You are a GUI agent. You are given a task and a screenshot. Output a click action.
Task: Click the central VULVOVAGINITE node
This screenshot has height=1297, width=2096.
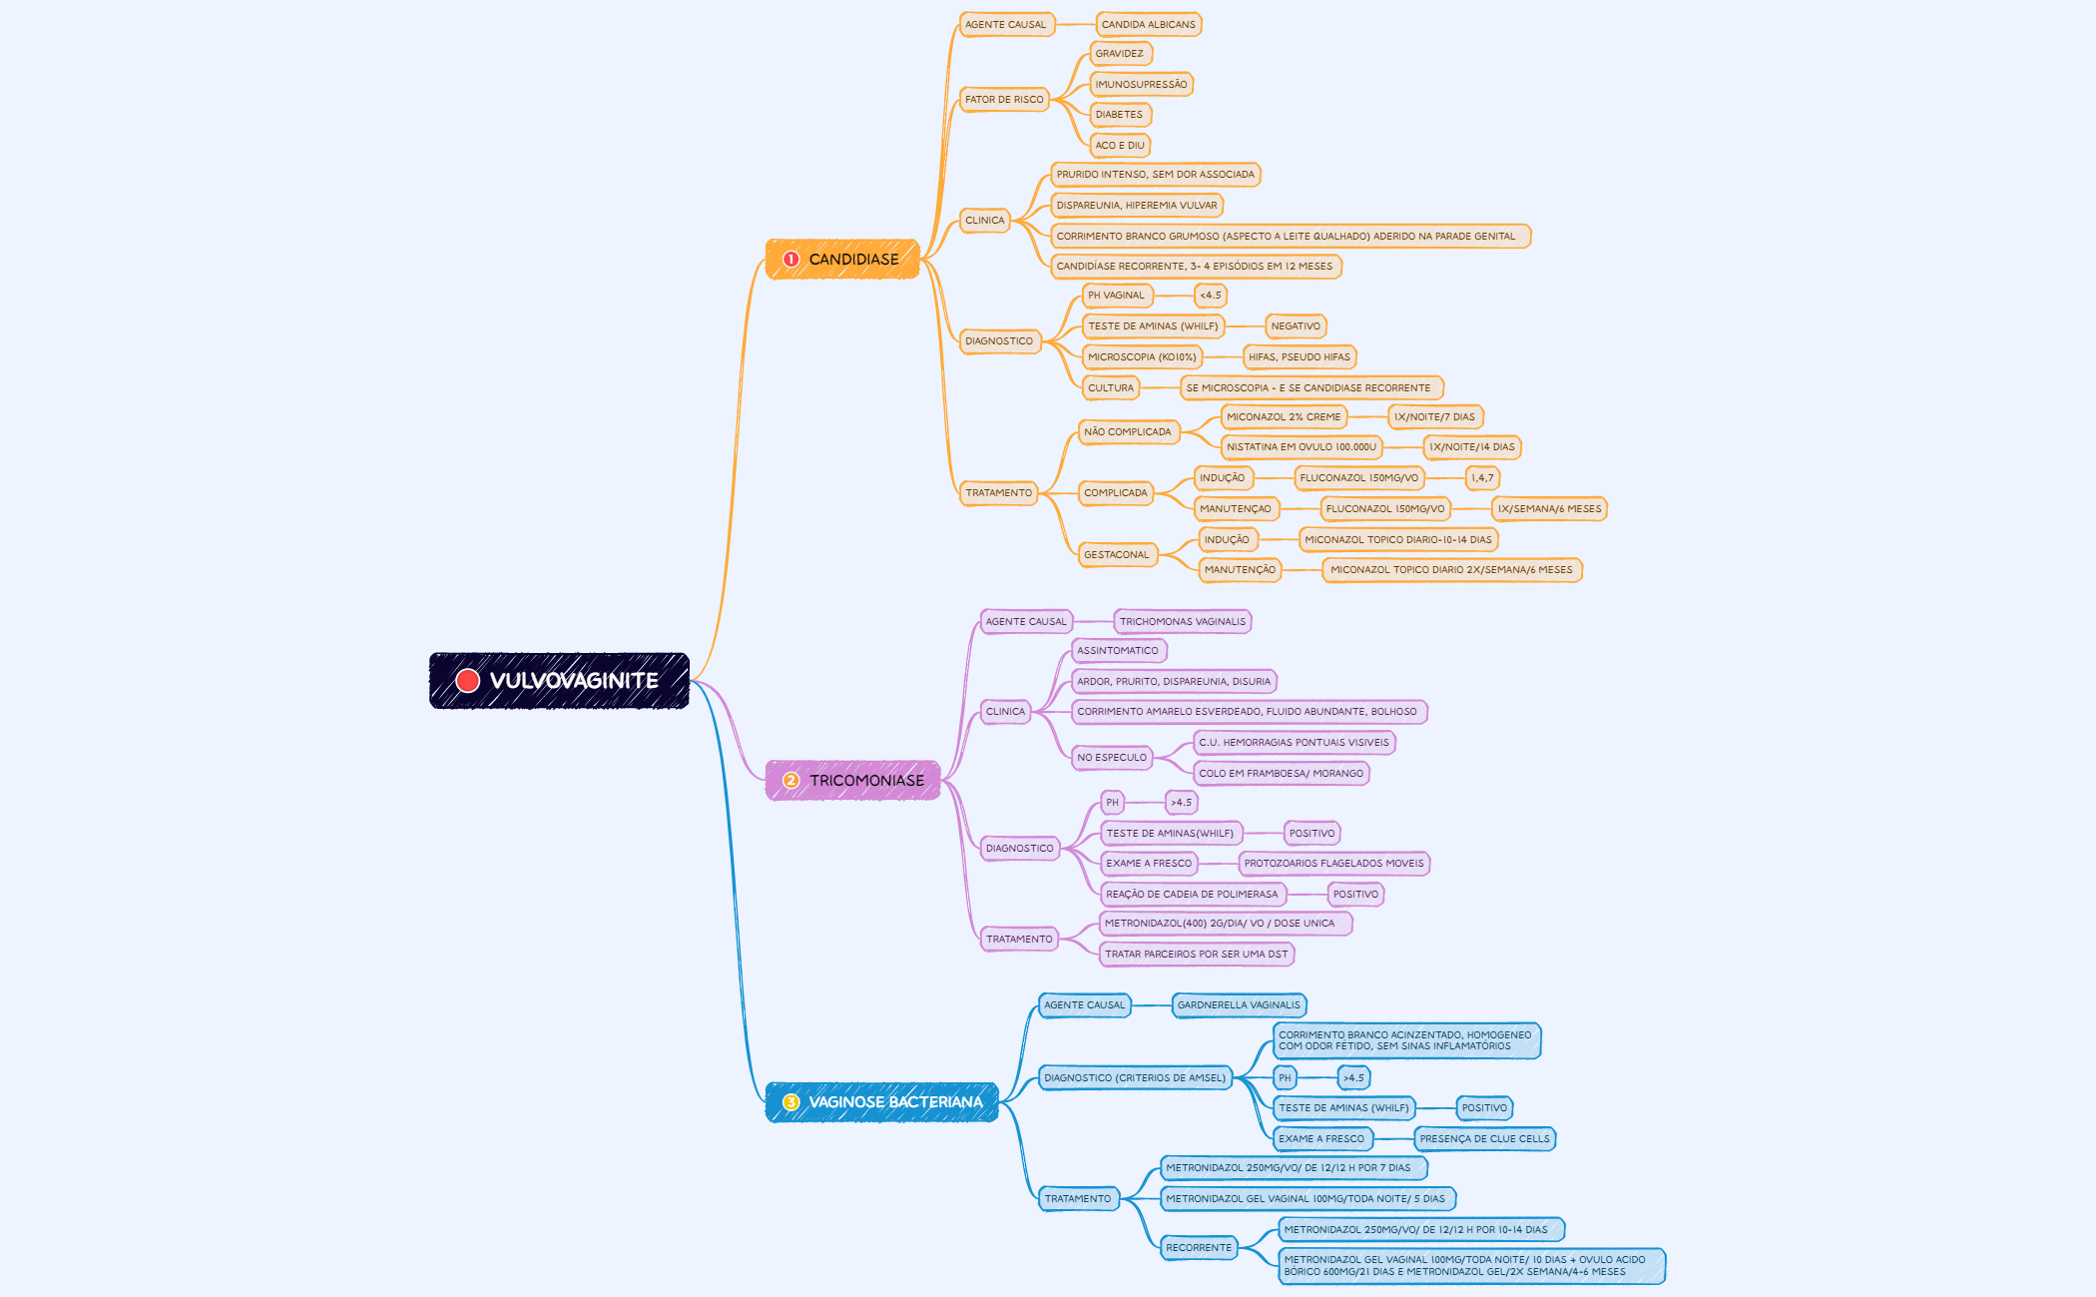559,681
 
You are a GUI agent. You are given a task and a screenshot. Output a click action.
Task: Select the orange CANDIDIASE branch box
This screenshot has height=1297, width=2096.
842,260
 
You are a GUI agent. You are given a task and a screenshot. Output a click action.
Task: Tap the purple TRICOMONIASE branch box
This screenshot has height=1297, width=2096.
853,781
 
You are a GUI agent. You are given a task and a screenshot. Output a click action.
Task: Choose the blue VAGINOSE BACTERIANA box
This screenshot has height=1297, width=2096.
882,1102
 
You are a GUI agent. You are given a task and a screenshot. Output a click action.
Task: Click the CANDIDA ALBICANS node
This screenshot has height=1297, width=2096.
1149,25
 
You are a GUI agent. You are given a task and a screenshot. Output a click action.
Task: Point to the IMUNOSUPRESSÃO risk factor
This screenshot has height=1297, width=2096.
1142,85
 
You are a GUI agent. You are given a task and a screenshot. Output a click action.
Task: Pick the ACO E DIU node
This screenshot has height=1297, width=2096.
1120,146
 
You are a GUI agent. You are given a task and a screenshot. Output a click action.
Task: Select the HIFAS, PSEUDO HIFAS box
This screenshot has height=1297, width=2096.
1300,357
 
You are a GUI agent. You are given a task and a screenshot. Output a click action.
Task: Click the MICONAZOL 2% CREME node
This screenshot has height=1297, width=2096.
1284,417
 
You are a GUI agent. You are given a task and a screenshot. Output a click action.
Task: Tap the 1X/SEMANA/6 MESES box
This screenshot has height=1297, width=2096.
1549,509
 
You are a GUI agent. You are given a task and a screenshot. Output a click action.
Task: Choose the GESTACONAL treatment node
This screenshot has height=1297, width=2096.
1117,555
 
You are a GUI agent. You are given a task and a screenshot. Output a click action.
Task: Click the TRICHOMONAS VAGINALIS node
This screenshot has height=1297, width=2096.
1183,622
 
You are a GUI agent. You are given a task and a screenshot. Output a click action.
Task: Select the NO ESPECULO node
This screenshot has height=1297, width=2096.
1112,758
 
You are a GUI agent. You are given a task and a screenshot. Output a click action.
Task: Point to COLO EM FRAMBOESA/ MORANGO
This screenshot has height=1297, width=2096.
1282,774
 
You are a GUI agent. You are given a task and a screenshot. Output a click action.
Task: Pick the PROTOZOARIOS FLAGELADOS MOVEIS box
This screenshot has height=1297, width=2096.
1334,864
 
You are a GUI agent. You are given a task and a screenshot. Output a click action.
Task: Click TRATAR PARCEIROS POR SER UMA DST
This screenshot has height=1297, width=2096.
1197,955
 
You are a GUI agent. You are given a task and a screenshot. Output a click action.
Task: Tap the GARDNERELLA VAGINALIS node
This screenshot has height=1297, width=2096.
1239,1005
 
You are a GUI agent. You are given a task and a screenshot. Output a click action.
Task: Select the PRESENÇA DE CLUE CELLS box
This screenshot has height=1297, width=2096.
1485,1139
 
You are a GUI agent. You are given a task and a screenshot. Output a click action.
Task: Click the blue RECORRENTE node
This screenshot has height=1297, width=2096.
1199,1248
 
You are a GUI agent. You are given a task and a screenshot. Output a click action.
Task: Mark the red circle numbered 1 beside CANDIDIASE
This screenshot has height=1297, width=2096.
791,260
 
